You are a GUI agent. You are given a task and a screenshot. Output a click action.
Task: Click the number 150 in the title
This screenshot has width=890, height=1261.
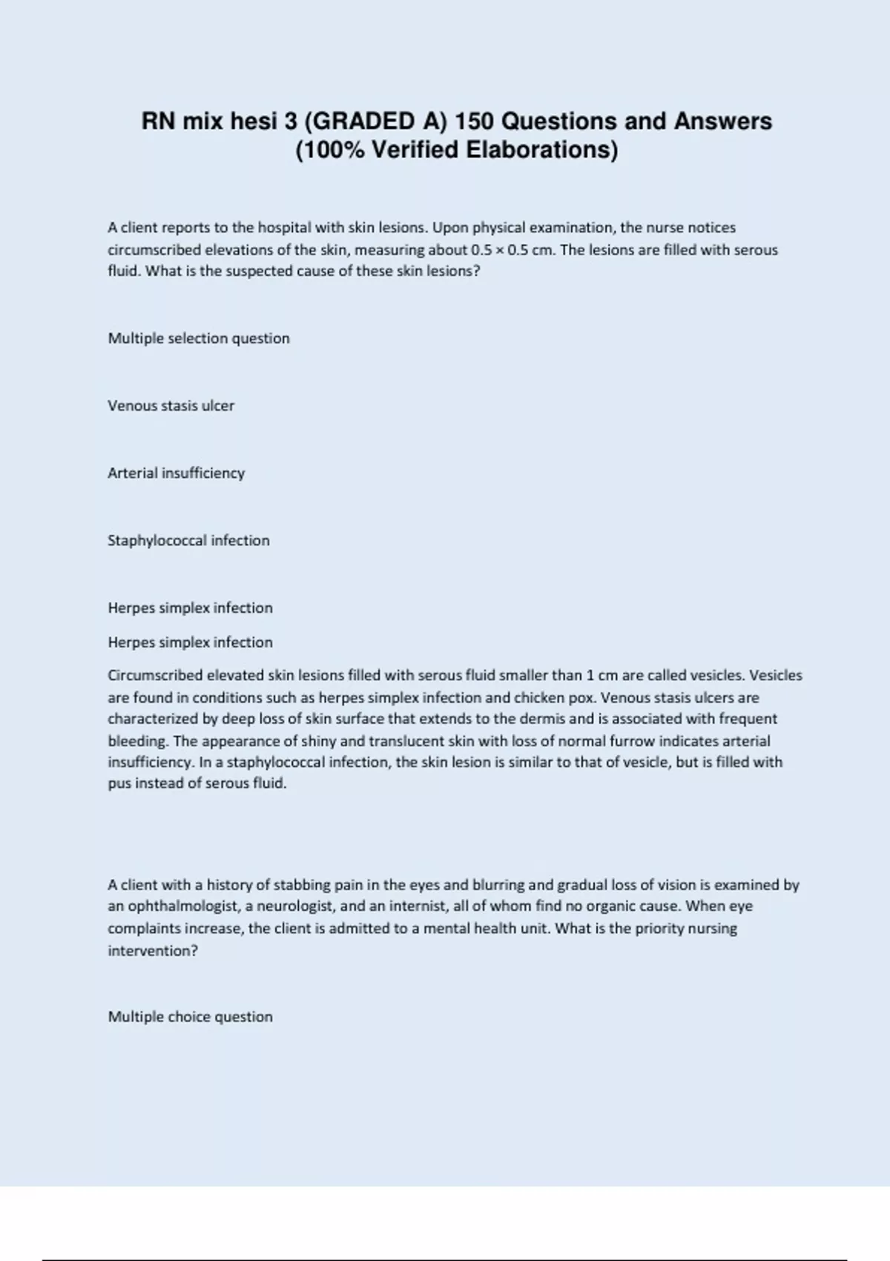pyautogui.click(x=474, y=121)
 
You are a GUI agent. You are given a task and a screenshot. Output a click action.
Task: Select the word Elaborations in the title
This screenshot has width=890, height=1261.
pyautogui.click(x=541, y=150)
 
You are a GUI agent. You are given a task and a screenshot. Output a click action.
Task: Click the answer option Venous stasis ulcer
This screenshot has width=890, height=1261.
pyautogui.click(x=171, y=406)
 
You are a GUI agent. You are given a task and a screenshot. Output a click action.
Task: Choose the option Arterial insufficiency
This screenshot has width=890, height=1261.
pyautogui.click(x=176, y=473)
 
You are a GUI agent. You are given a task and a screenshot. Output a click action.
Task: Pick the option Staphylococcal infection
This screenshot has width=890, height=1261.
pyautogui.click(x=188, y=541)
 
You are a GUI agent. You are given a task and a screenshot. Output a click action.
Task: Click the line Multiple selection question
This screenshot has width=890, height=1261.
pyautogui.click(x=199, y=338)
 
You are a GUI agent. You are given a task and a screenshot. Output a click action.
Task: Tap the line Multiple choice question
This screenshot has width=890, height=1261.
pyautogui.click(x=190, y=1017)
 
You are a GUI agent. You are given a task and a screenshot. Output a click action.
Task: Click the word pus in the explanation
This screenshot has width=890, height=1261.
pyautogui.click(x=119, y=784)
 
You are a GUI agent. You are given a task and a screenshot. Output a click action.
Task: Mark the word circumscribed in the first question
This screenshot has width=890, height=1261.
pyautogui.click(x=154, y=250)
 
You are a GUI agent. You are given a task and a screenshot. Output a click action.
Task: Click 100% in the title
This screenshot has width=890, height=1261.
pyautogui.click(x=331, y=150)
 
